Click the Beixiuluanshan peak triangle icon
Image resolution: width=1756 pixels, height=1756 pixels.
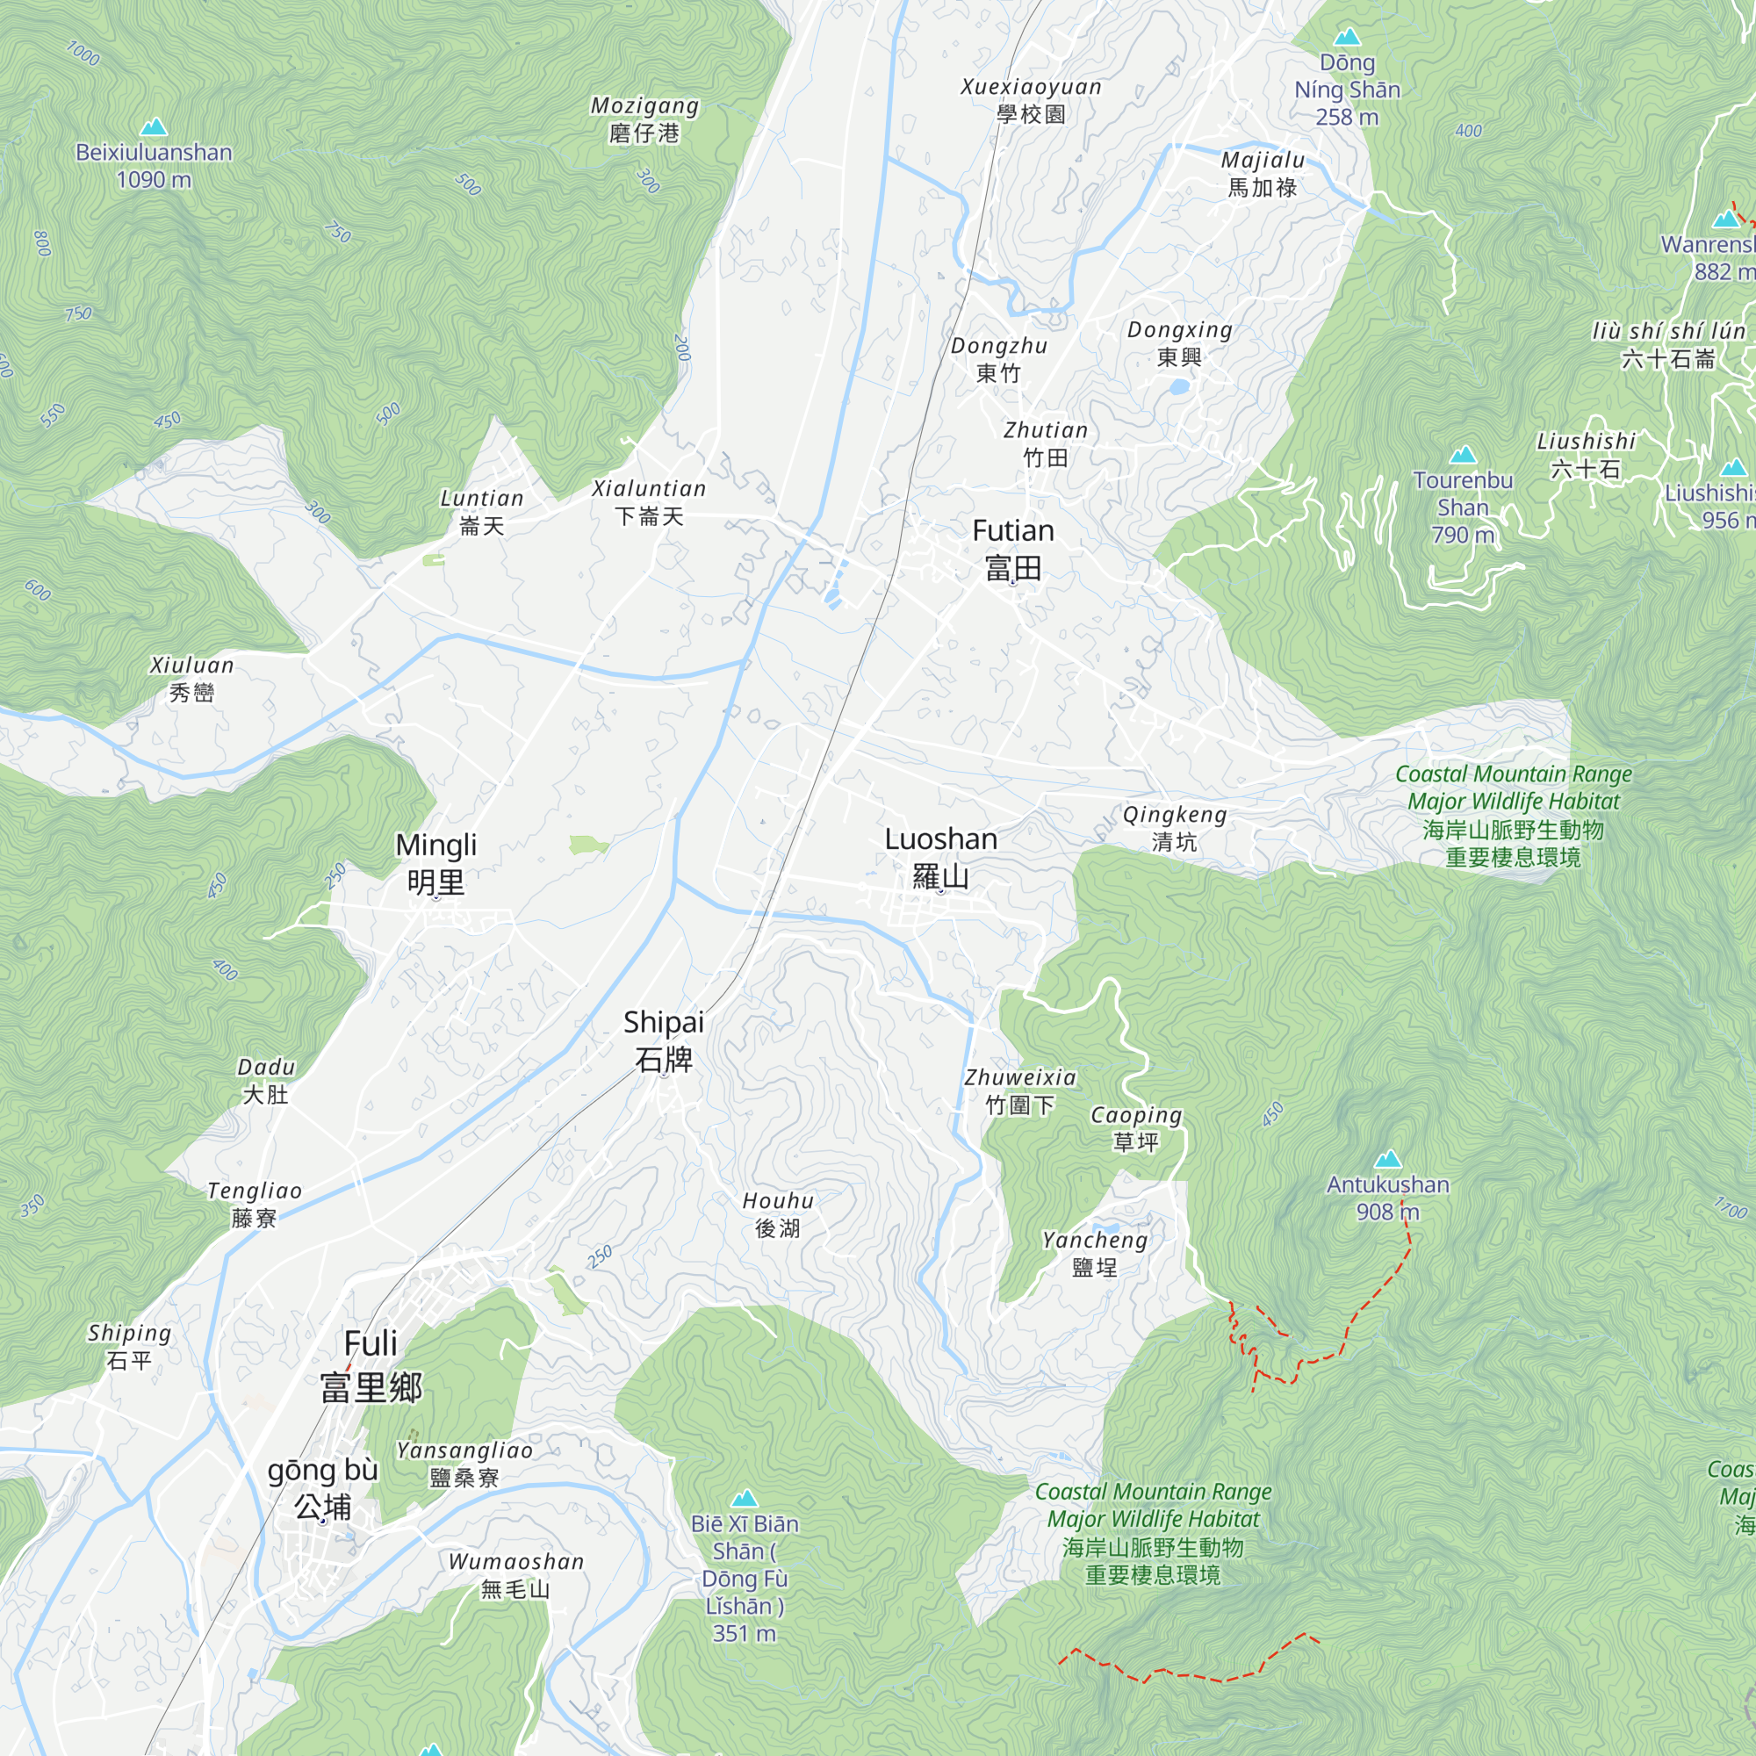154,126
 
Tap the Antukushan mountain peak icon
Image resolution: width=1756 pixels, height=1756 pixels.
1388,1159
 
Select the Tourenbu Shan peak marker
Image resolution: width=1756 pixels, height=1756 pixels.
1463,455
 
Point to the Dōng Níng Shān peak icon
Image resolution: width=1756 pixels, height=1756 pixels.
1347,37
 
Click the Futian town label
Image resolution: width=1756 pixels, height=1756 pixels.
1012,549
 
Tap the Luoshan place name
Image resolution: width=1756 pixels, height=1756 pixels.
940,857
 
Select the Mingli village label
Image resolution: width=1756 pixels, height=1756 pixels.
436,863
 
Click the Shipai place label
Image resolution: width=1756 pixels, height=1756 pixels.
664,1040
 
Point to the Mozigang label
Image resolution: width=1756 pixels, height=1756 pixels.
644,119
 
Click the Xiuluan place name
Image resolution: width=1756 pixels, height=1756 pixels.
191,678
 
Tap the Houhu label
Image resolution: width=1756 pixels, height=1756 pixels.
778,1214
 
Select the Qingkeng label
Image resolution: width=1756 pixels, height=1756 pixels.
1174,827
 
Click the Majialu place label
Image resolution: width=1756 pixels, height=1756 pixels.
1263,174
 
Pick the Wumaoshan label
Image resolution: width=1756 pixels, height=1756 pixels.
515,1575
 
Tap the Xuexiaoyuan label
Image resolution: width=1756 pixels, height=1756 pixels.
1031,100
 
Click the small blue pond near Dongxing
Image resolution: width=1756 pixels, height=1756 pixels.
1178,387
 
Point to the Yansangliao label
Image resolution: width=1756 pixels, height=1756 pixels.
464,1464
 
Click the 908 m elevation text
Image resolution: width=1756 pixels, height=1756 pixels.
1388,1212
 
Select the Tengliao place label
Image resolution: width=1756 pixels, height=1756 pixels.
255,1205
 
